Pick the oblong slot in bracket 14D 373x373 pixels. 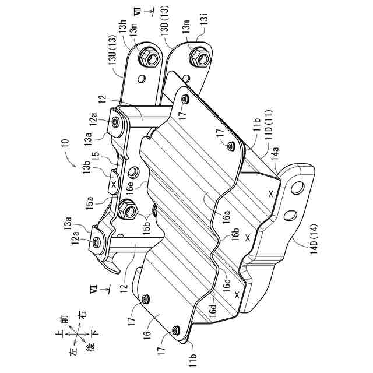tap(288, 216)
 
